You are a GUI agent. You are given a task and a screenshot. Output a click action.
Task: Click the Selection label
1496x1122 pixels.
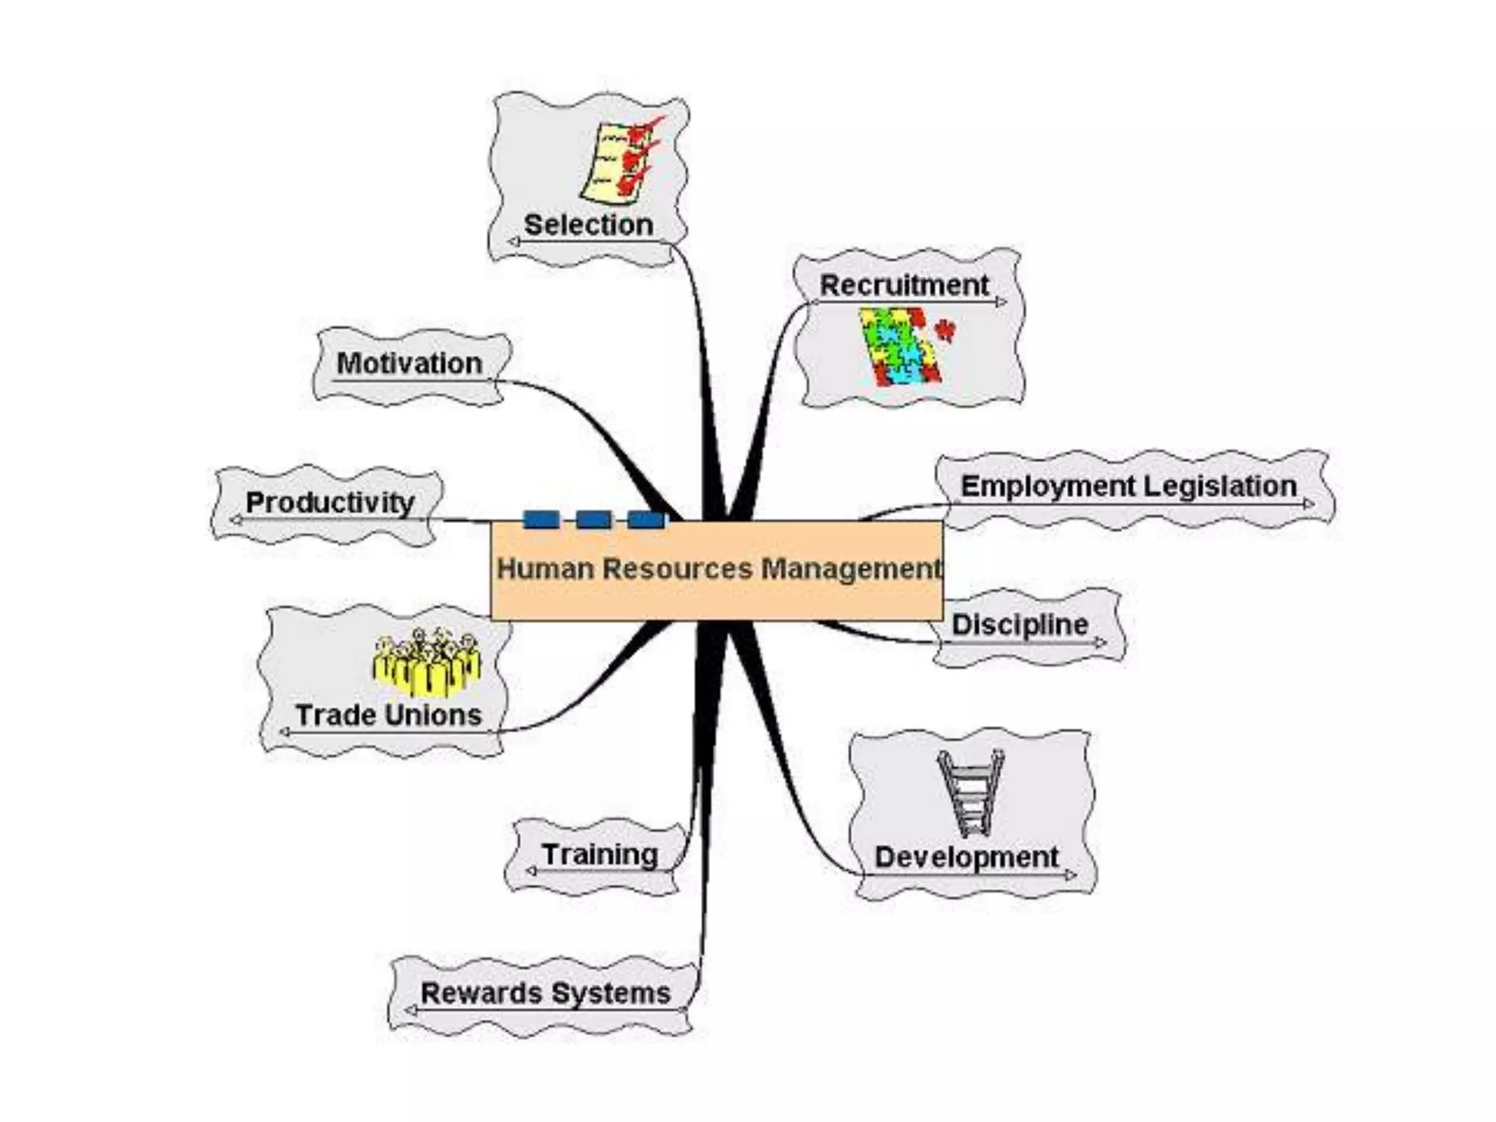(589, 224)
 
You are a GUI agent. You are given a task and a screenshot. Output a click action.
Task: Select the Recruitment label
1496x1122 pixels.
(904, 285)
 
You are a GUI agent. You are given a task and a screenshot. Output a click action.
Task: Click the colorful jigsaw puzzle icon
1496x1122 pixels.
(898, 346)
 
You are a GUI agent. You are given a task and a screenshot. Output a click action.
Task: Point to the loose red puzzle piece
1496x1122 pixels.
(946, 330)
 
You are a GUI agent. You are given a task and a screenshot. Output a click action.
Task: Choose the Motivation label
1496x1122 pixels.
(409, 363)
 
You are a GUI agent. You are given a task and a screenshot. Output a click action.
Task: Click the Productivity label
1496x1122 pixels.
(330, 502)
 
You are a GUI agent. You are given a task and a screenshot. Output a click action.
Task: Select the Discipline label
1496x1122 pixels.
(1020, 625)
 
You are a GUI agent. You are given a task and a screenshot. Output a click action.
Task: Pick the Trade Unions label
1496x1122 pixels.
(389, 714)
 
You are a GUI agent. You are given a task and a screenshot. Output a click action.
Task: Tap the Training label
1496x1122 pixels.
(600, 854)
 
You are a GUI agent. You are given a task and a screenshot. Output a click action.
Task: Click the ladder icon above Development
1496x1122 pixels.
(970, 793)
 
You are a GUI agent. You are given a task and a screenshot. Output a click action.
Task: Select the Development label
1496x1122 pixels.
(966, 857)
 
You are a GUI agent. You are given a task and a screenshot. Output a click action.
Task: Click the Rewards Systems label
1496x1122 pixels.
(546, 993)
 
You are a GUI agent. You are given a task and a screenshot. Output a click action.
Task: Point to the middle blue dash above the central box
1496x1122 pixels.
(594, 520)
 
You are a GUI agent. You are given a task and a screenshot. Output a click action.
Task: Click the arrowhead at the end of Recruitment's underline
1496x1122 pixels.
(1001, 302)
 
